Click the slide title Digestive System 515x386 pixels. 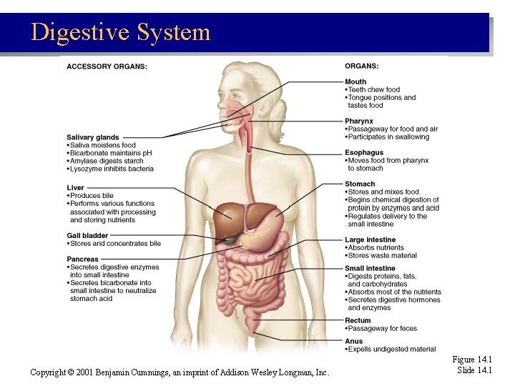121,32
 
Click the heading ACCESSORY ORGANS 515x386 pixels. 107,66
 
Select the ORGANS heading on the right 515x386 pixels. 362,66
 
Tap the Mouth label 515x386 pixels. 355,81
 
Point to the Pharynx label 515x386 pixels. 359,121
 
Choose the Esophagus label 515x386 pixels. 364,152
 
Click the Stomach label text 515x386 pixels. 360,184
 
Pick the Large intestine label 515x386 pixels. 370,239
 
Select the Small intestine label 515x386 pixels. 370,268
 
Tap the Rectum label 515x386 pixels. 358,320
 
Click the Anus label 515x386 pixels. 354,341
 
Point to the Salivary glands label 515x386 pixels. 93,137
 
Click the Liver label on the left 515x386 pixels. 75,188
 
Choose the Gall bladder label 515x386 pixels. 87,235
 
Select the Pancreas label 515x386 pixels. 83,259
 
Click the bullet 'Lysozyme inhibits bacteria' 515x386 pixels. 112,169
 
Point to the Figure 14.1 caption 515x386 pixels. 473,360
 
